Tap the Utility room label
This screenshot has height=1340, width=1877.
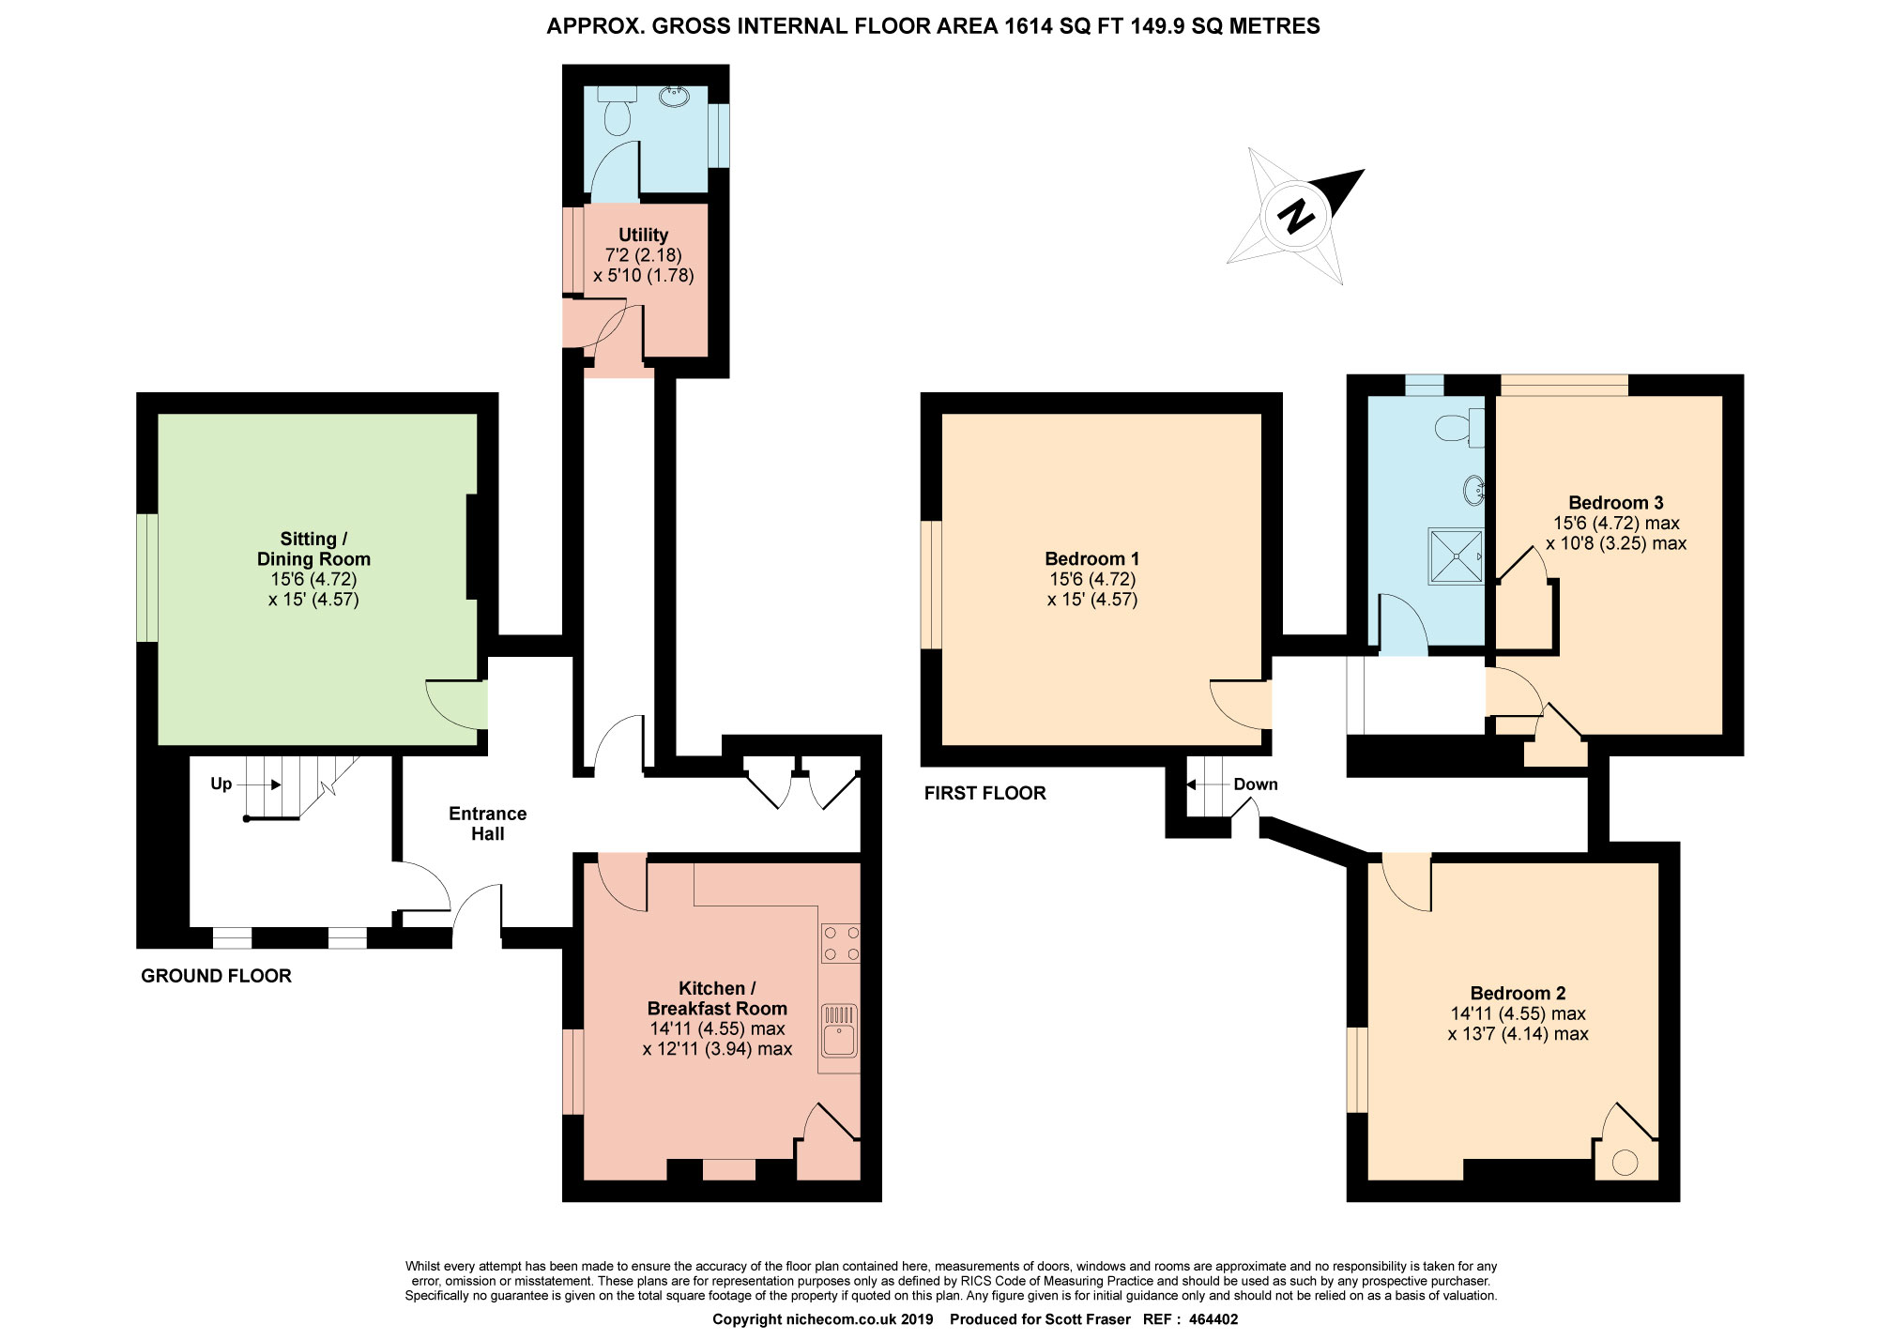pyautogui.click(x=644, y=235)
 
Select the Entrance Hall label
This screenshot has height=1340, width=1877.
pyautogui.click(x=487, y=823)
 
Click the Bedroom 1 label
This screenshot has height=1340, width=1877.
pyautogui.click(x=1092, y=559)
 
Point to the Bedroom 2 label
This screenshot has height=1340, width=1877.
pyautogui.click(x=1518, y=993)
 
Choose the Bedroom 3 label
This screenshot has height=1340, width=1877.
pyautogui.click(x=1615, y=502)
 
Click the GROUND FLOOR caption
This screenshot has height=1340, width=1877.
pyautogui.click(x=216, y=976)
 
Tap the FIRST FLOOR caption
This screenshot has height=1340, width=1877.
pyautogui.click(x=984, y=793)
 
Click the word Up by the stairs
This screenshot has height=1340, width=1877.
pyautogui.click(x=221, y=784)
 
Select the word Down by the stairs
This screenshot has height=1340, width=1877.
pyautogui.click(x=1256, y=784)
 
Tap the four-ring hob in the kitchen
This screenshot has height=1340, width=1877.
pyautogui.click(x=840, y=943)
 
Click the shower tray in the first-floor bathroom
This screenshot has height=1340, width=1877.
pyautogui.click(x=1457, y=556)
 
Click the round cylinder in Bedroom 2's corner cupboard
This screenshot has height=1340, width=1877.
pyautogui.click(x=1625, y=1164)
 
